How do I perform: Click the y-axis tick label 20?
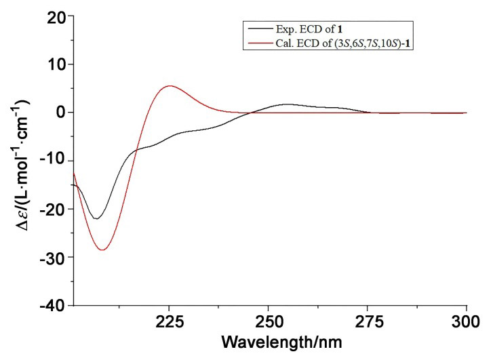(x=57, y=18)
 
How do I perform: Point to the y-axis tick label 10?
(x=57, y=66)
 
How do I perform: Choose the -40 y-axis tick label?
(x=54, y=305)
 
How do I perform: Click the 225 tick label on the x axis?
(x=169, y=321)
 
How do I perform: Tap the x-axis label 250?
(x=268, y=321)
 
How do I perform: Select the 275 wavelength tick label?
(x=368, y=321)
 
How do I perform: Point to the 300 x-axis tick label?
(x=466, y=321)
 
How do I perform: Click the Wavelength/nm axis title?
(x=281, y=342)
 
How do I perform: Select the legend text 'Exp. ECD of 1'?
(x=309, y=30)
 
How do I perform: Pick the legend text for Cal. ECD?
(x=343, y=43)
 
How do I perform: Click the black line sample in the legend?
(x=260, y=28)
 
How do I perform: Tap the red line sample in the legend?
(x=260, y=42)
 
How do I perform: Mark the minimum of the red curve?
(x=102, y=250)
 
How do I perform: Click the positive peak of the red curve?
(x=170, y=86)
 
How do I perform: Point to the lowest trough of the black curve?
(x=96, y=218)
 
